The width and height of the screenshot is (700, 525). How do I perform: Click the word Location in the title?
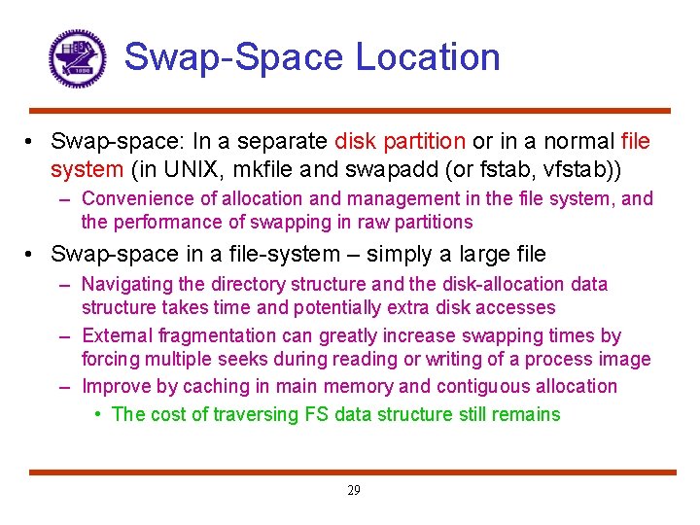(x=428, y=56)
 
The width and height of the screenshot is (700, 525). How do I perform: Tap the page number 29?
(x=353, y=491)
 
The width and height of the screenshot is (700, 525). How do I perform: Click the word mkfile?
(x=269, y=169)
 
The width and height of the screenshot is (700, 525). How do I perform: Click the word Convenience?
(x=137, y=198)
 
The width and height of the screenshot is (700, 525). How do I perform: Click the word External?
(x=115, y=335)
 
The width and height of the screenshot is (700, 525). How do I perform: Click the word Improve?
(x=116, y=386)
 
